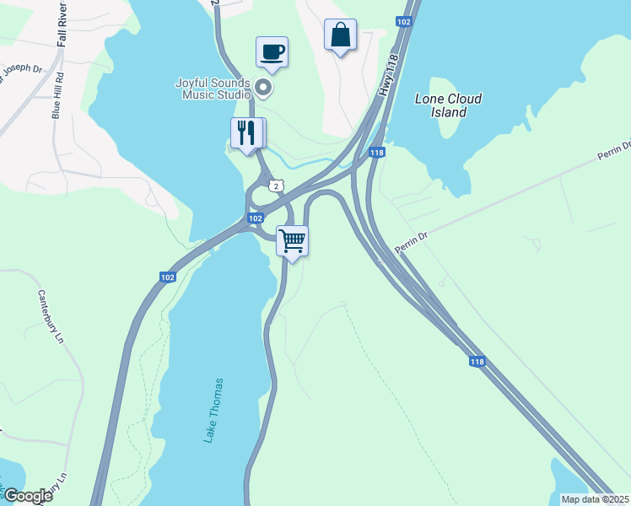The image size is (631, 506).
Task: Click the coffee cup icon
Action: tap(272, 51)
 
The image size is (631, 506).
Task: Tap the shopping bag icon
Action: tap(340, 35)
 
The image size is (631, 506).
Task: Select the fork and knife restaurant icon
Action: tap(246, 133)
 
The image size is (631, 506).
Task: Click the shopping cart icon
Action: tap(292, 240)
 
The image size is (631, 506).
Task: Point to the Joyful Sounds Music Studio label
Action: tap(213, 89)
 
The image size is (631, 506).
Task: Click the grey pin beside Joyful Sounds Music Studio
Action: tap(264, 87)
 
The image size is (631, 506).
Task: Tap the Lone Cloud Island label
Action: tap(449, 105)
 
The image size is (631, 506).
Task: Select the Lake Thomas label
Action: tap(214, 410)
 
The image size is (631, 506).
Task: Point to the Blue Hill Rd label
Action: tap(57, 98)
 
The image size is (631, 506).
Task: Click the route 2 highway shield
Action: tap(275, 185)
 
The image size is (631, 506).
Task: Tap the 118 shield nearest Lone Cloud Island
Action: tap(377, 153)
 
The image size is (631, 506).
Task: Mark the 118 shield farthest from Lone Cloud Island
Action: tap(477, 362)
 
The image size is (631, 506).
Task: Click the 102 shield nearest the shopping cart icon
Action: tap(255, 218)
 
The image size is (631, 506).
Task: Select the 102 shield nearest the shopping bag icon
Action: tap(404, 21)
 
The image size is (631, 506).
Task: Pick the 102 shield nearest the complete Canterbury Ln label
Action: tap(167, 277)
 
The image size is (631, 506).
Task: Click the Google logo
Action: tap(27, 496)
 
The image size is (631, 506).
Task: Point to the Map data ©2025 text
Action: tap(595, 499)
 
